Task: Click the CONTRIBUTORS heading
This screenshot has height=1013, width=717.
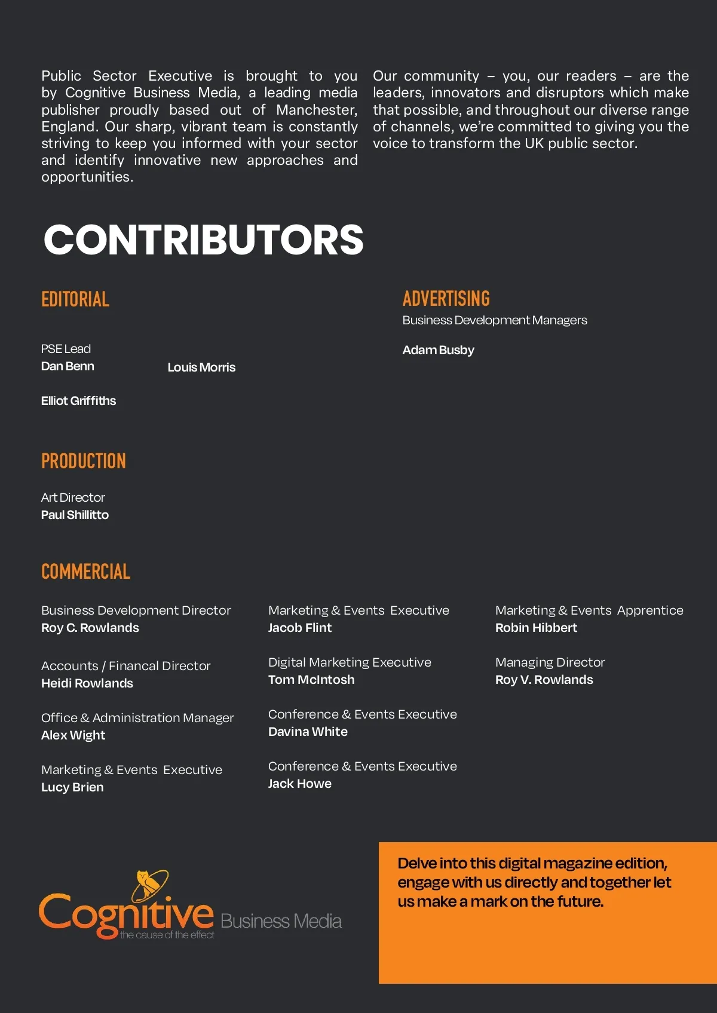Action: pyautogui.click(x=203, y=240)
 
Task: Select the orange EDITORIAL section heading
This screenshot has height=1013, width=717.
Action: pyautogui.click(x=75, y=299)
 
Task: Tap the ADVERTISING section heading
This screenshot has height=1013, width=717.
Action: pyautogui.click(x=446, y=299)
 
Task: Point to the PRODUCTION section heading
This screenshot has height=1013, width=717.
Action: pyautogui.click(x=83, y=461)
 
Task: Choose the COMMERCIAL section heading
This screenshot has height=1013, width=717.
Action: pyautogui.click(x=85, y=572)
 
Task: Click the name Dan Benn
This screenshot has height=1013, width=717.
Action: pyautogui.click(x=68, y=366)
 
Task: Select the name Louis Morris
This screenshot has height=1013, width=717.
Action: pyautogui.click(x=201, y=367)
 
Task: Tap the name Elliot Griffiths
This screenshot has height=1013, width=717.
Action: pyautogui.click(x=78, y=401)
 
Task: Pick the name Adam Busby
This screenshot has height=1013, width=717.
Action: pyautogui.click(x=438, y=350)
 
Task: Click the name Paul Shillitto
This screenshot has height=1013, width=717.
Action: pyautogui.click(x=75, y=515)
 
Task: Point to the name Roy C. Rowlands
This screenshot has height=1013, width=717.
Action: pyautogui.click(x=90, y=628)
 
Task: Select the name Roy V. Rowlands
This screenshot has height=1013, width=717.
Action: pyautogui.click(x=544, y=680)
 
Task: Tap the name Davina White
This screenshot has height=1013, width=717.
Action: pyautogui.click(x=308, y=732)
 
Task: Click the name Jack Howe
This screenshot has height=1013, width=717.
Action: pyautogui.click(x=299, y=784)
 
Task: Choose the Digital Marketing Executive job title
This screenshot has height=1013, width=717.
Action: pyautogui.click(x=350, y=662)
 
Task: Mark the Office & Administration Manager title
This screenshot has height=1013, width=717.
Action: pyautogui.click(x=137, y=718)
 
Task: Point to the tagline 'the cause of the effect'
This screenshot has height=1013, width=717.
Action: pyautogui.click(x=167, y=935)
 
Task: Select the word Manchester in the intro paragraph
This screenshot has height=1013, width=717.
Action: pyautogui.click(x=317, y=110)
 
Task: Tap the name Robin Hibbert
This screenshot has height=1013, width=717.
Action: pyautogui.click(x=536, y=628)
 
